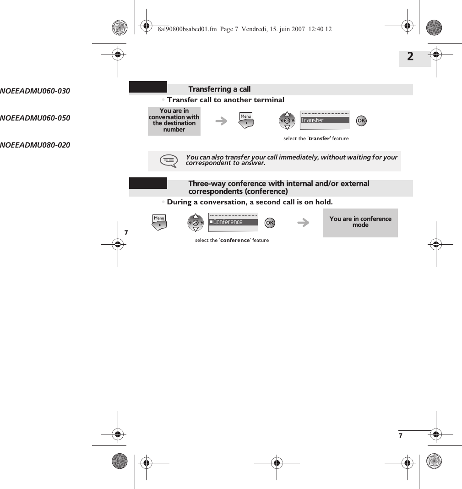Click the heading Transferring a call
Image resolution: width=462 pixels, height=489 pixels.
pos(219,89)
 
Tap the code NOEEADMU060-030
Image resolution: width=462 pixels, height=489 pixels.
pos(35,91)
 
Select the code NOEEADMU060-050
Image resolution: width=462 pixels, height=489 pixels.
pos(35,118)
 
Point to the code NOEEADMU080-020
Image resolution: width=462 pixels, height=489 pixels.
pos(35,145)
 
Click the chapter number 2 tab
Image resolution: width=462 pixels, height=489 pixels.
pos(410,57)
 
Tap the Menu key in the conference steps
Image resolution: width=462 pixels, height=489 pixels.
pos(159,223)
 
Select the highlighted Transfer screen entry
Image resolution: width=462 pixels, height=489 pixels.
pos(325,121)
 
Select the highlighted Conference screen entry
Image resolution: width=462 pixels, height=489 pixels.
pos(233,222)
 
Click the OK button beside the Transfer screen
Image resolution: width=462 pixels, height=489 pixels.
pos(361,121)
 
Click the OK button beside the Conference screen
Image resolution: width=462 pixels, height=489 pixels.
pos(270,223)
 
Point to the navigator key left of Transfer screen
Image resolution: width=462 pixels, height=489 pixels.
pos(287,121)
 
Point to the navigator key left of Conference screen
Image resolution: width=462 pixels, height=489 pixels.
pos(196,223)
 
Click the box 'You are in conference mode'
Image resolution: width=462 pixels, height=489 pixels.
pos(360,223)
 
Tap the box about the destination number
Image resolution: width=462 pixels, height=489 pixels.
pos(174,121)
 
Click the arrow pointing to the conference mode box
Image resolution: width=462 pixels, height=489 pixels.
pos(303,223)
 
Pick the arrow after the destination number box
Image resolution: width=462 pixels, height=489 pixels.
pos(221,121)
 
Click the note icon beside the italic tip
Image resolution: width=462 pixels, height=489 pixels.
pos(168,160)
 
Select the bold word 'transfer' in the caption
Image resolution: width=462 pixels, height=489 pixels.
pos(319,138)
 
